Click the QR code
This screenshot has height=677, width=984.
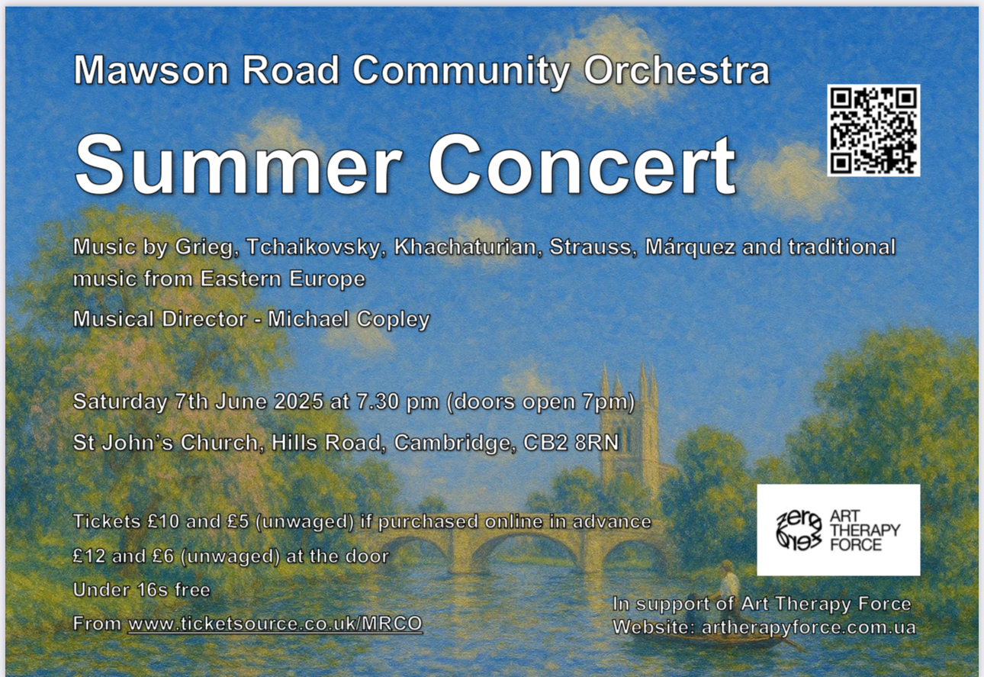click(873, 131)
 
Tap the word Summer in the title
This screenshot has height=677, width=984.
click(239, 163)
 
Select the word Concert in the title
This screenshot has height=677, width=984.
click(582, 163)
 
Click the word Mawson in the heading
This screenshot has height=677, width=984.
click(151, 70)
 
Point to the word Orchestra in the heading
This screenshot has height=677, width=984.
click(677, 70)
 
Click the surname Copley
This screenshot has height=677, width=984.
click(393, 320)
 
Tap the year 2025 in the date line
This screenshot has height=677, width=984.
click(299, 401)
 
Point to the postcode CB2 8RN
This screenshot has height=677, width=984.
click(571, 443)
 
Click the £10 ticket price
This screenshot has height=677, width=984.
click(163, 521)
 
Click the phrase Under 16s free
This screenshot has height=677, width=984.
click(141, 590)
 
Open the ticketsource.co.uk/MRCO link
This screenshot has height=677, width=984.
click(275, 624)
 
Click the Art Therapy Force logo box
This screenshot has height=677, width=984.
click(838, 530)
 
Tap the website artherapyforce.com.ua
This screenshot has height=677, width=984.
click(809, 627)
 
